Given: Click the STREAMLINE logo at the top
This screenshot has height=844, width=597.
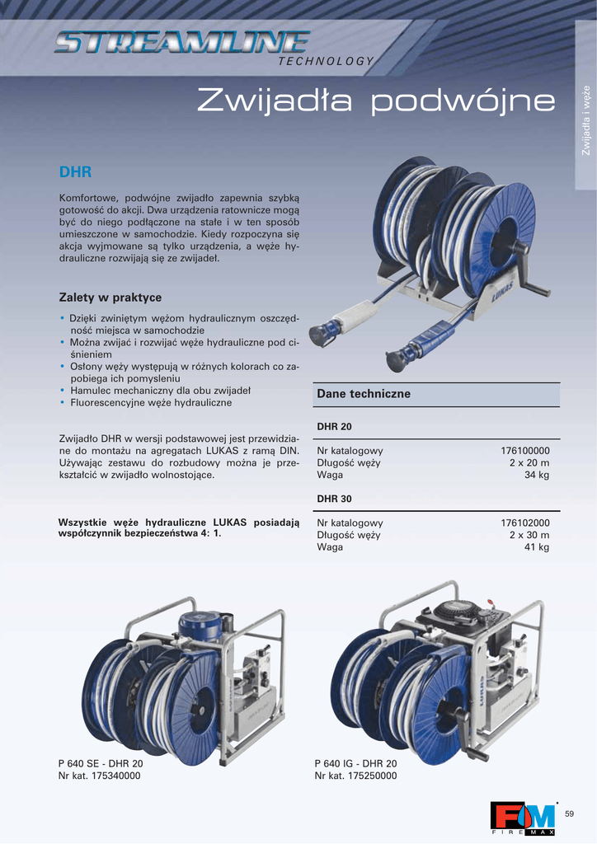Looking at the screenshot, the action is click(x=182, y=43).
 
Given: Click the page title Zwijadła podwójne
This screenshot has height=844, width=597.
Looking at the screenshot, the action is click(x=376, y=100).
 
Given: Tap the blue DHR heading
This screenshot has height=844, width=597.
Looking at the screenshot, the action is click(x=75, y=172).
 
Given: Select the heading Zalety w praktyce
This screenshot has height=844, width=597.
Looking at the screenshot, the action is click(x=110, y=298).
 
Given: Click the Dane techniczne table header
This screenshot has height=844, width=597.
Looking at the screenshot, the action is click(x=364, y=394).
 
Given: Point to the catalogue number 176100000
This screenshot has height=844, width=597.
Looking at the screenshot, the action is click(x=525, y=451).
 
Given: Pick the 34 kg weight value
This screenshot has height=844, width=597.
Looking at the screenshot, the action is click(x=537, y=475).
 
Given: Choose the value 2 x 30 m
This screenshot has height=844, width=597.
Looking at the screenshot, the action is click(x=529, y=535).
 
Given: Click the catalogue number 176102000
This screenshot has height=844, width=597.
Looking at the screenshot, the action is click(x=525, y=523).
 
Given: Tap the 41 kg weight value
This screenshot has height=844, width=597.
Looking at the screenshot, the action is click(x=537, y=547).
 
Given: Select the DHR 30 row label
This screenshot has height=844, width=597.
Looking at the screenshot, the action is click(x=334, y=499).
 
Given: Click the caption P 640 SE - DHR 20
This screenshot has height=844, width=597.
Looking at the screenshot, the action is click(x=101, y=764).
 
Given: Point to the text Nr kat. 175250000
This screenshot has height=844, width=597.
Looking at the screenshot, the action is click(x=356, y=776).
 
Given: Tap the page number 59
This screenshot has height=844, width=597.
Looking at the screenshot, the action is click(x=569, y=814).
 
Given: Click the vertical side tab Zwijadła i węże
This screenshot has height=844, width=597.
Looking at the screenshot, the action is click(x=585, y=120).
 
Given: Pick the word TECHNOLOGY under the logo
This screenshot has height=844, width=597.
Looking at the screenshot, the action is click(x=325, y=61).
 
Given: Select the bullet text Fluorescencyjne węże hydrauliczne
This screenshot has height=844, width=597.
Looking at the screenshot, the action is click(x=151, y=402).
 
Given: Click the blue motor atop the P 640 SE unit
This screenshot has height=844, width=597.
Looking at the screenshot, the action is click(x=200, y=625).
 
